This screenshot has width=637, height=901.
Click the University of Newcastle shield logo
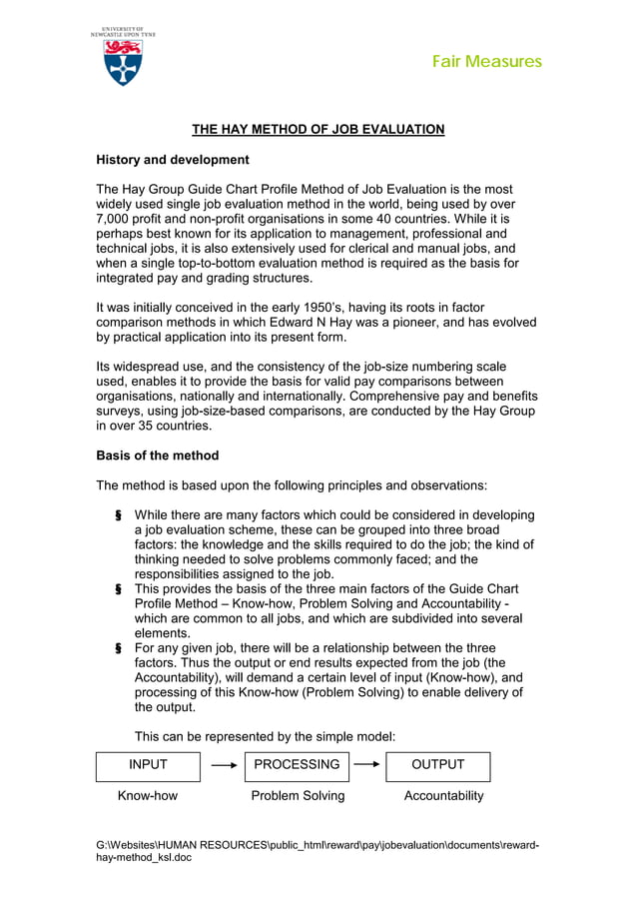[122, 62]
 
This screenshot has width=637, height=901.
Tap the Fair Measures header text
[486, 62]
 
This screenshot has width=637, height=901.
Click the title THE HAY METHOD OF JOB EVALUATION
[318, 129]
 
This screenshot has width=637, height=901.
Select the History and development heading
[172, 160]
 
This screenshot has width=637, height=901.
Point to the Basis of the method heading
[157, 455]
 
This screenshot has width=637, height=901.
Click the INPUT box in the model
[148, 765]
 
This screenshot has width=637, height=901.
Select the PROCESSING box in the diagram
[297, 765]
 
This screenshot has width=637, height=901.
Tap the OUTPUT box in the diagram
[437, 765]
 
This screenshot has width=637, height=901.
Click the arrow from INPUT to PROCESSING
[223, 765]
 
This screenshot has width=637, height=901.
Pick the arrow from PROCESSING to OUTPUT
[367, 765]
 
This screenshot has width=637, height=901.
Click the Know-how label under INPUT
[148, 796]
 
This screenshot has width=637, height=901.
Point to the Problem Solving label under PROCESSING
[298, 796]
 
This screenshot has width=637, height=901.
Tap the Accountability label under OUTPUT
[443, 796]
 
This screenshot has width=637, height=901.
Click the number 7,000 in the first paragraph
[114, 219]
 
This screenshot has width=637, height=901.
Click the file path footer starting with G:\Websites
[318, 851]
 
